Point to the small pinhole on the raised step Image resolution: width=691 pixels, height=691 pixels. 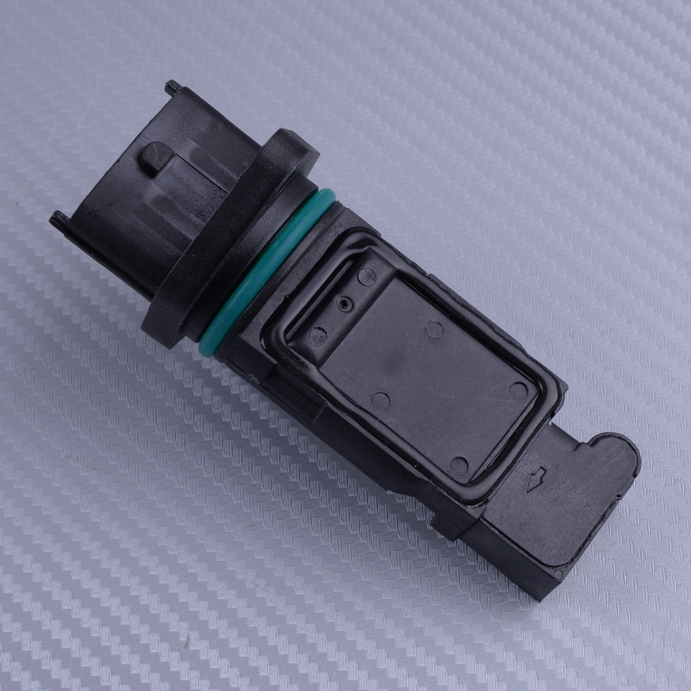pyautogui.click(x=343, y=304)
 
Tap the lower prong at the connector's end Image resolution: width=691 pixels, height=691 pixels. pyautogui.click(x=59, y=219)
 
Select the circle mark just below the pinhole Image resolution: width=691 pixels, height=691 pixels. pyautogui.click(x=319, y=334)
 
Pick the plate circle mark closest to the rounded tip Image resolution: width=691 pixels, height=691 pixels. pyautogui.click(x=518, y=391)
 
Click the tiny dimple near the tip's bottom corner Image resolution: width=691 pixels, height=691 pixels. pyautogui.click(x=558, y=573)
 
